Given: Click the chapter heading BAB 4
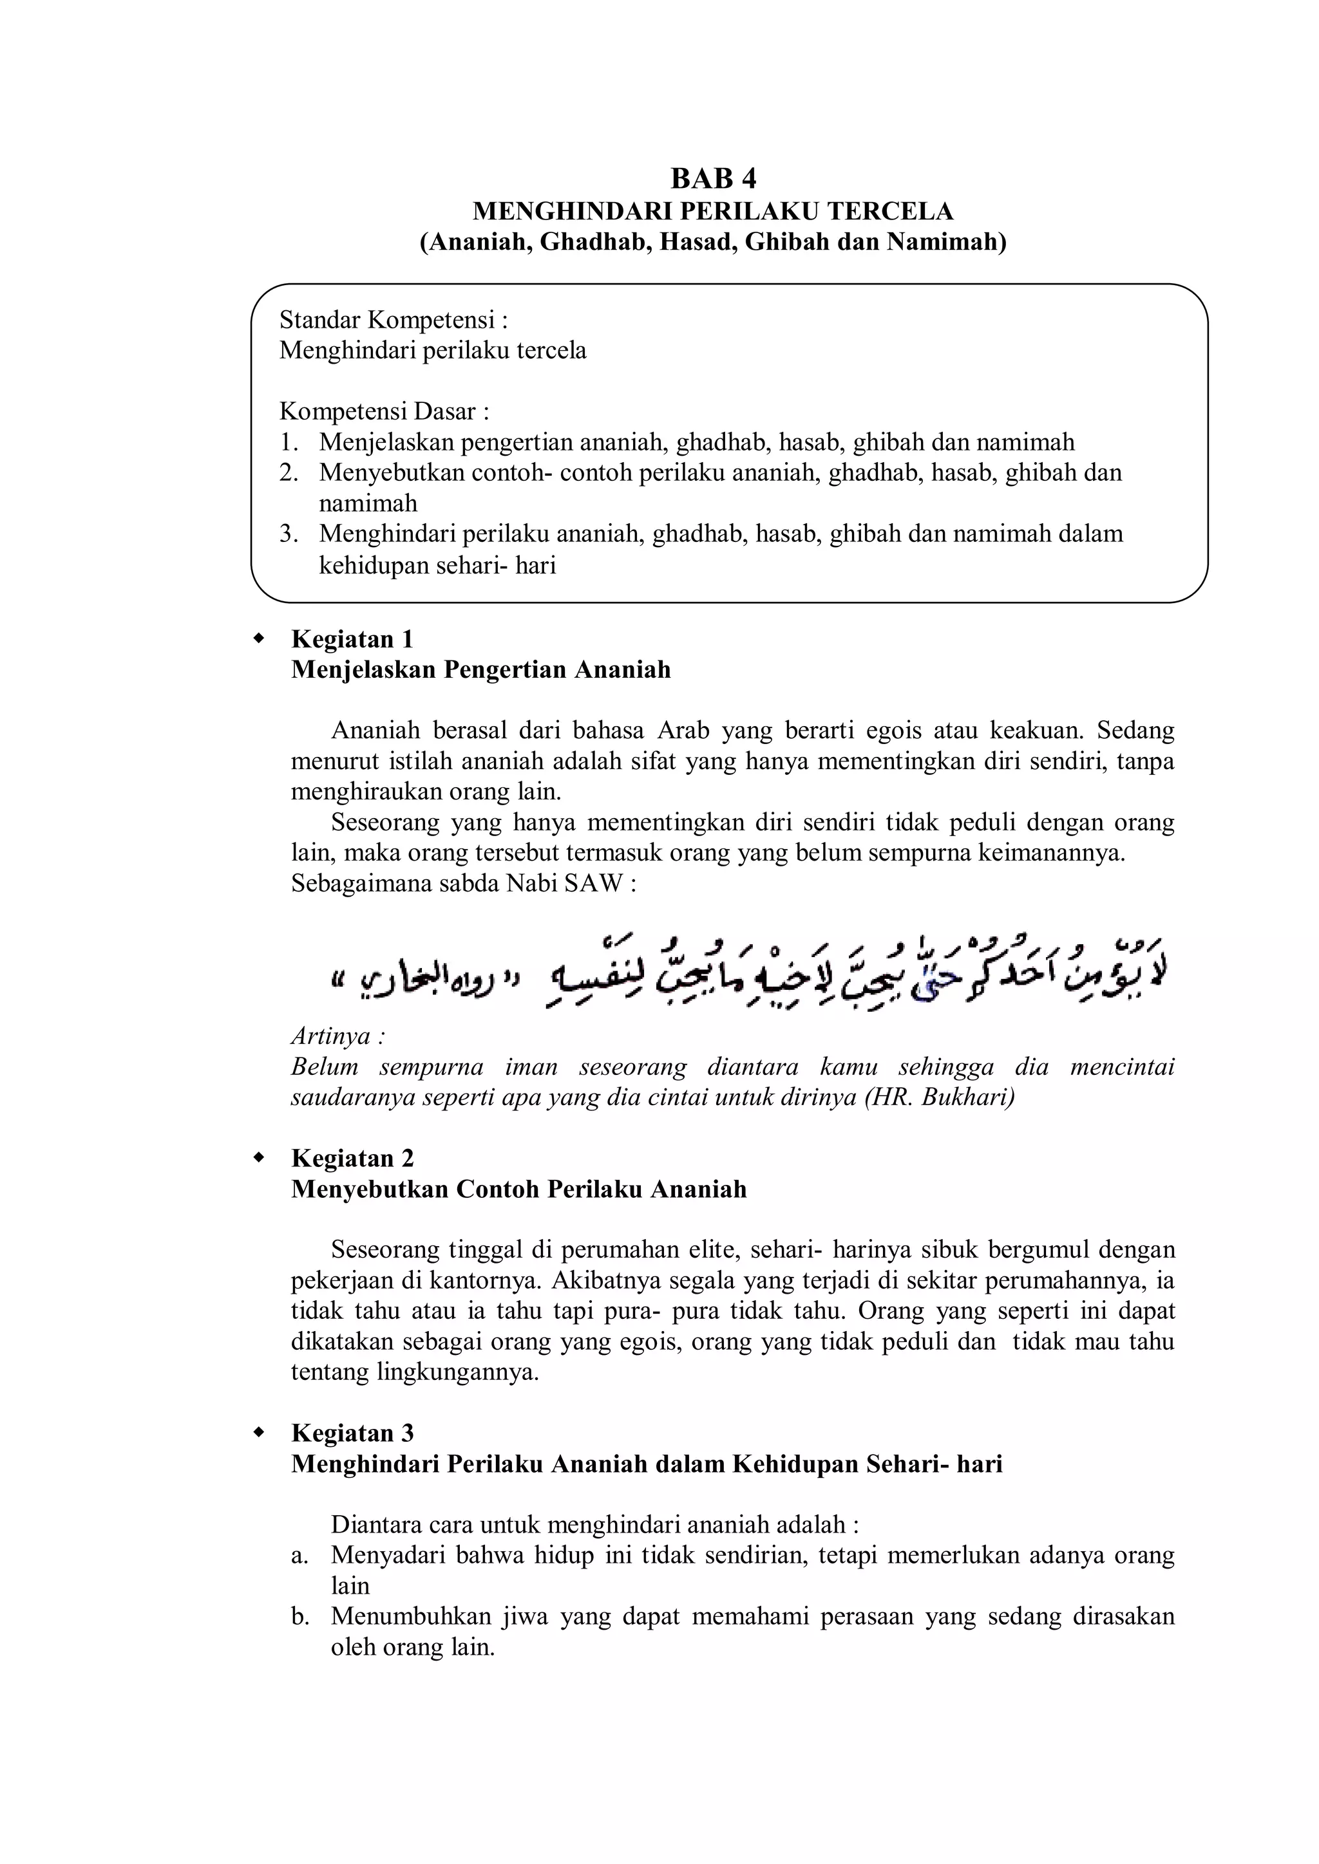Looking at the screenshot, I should (x=712, y=178).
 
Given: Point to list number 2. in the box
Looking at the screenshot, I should (x=289, y=472).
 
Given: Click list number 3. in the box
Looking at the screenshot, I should (x=289, y=534).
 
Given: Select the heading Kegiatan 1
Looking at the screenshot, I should (x=352, y=639).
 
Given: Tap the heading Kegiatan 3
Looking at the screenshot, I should (x=352, y=1433).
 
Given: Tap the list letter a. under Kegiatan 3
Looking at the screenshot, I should (x=299, y=1556).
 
